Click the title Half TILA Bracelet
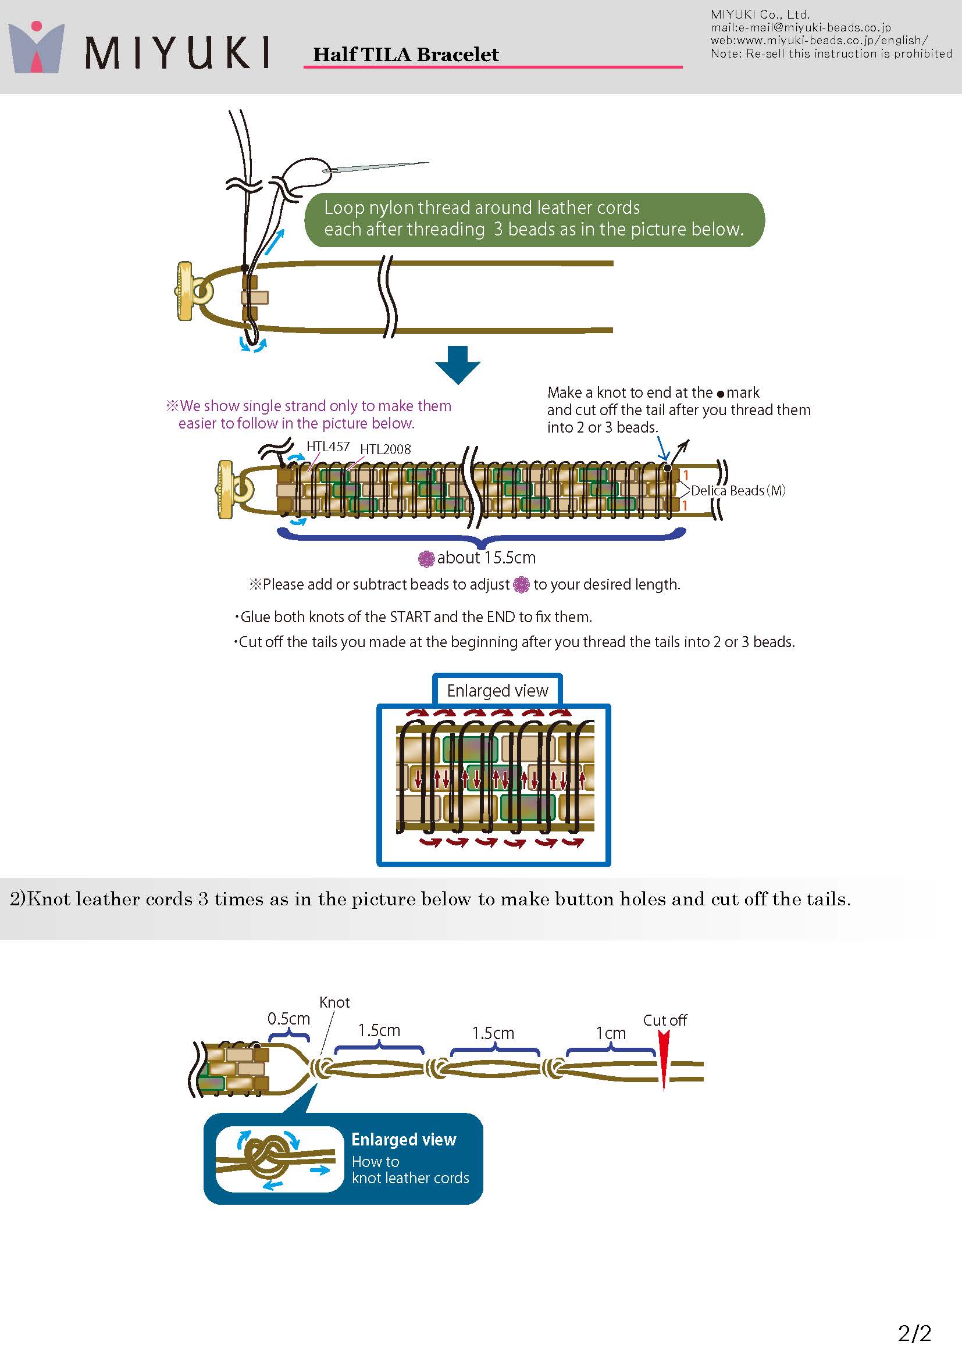[406, 55]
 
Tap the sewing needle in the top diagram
[376, 166]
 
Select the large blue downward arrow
[457, 365]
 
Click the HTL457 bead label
[328, 447]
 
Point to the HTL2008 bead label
[386, 449]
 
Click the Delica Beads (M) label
[738, 491]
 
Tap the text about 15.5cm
[486, 558]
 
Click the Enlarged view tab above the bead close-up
[498, 691]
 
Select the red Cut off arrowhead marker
[664, 1061]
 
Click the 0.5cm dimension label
[288, 1019]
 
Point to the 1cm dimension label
[611, 1033]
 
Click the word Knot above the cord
[334, 1002]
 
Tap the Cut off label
[665, 1020]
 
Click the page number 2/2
[915, 1333]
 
